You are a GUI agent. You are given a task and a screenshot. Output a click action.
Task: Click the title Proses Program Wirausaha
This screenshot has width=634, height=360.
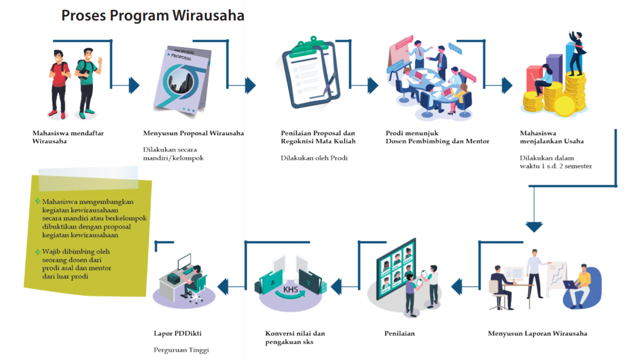[153, 16]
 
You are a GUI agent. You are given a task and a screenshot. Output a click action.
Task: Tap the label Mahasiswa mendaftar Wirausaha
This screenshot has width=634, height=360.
[68, 137]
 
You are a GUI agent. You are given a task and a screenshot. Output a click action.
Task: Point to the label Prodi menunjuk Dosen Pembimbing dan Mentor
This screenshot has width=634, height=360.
[437, 137]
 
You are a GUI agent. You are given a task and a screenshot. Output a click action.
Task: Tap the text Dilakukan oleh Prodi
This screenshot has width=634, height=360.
[314, 158]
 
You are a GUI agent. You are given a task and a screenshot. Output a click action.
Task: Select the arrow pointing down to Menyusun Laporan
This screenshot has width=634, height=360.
[534, 226]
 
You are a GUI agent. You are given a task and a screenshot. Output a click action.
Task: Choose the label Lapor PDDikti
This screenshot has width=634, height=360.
[177, 333]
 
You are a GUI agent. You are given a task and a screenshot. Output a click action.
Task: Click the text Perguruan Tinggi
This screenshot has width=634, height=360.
[181, 350]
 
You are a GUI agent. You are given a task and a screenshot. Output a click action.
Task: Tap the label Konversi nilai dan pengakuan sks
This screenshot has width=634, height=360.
[295, 337]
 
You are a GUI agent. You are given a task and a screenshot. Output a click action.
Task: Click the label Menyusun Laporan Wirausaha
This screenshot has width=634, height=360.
[537, 333]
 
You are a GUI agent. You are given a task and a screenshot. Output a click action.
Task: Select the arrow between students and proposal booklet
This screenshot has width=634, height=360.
[133, 85]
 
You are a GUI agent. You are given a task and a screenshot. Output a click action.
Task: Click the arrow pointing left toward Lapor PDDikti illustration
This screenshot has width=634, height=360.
[223, 286]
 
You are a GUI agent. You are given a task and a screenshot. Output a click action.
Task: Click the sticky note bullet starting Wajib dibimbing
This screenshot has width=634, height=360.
[76, 264]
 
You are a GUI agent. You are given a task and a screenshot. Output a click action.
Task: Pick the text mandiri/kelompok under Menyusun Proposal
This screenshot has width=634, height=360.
[173, 158]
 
